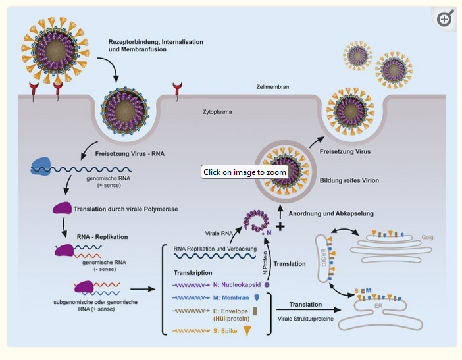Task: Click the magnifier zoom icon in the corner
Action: [445, 19]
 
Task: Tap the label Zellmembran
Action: [272, 87]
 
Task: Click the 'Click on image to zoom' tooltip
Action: [244, 172]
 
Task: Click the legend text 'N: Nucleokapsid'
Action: [233, 285]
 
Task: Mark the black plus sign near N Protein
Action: [280, 226]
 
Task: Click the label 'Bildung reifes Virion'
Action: [351, 180]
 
